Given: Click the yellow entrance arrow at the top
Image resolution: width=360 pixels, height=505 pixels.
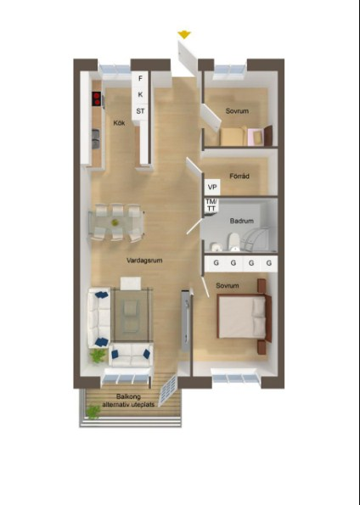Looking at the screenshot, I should point(183,35).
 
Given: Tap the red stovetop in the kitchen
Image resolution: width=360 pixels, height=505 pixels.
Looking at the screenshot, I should point(97,98).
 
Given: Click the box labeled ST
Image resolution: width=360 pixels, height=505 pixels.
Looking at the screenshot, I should point(140,110).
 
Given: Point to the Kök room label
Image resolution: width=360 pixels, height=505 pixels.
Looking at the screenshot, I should point(119,124).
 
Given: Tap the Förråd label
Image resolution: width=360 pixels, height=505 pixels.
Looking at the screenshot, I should point(239,177).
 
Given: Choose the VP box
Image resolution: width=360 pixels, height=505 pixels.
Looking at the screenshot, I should point(211,187).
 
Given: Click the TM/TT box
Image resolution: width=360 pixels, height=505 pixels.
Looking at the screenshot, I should point(211,204).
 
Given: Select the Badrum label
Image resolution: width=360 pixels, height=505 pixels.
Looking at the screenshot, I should point(241,221).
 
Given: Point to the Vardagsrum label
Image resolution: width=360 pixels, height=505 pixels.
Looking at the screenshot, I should point(144,261).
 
